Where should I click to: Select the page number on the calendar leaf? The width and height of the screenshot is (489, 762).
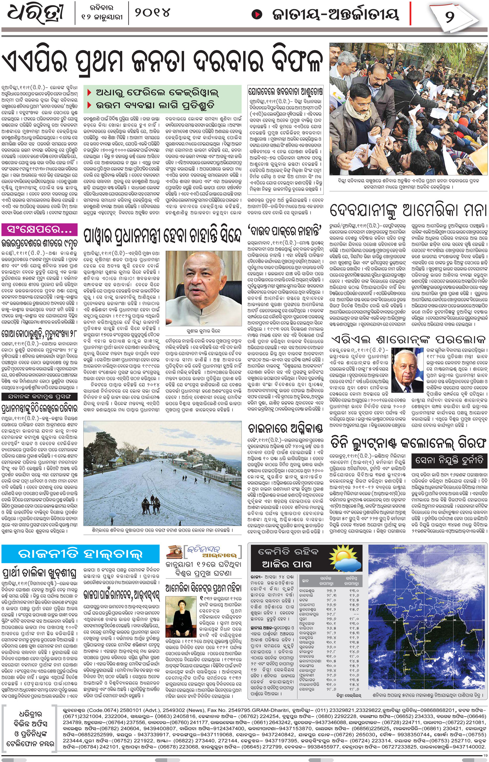click(x=450, y=16)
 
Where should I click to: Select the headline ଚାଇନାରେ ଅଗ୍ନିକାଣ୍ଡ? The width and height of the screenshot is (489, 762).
click(x=285, y=428)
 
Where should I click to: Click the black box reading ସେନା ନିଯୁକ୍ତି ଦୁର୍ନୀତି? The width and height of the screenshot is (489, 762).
click(x=449, y=460)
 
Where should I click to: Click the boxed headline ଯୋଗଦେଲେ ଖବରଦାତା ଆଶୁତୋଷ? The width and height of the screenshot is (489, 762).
click(x=285, y=91)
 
